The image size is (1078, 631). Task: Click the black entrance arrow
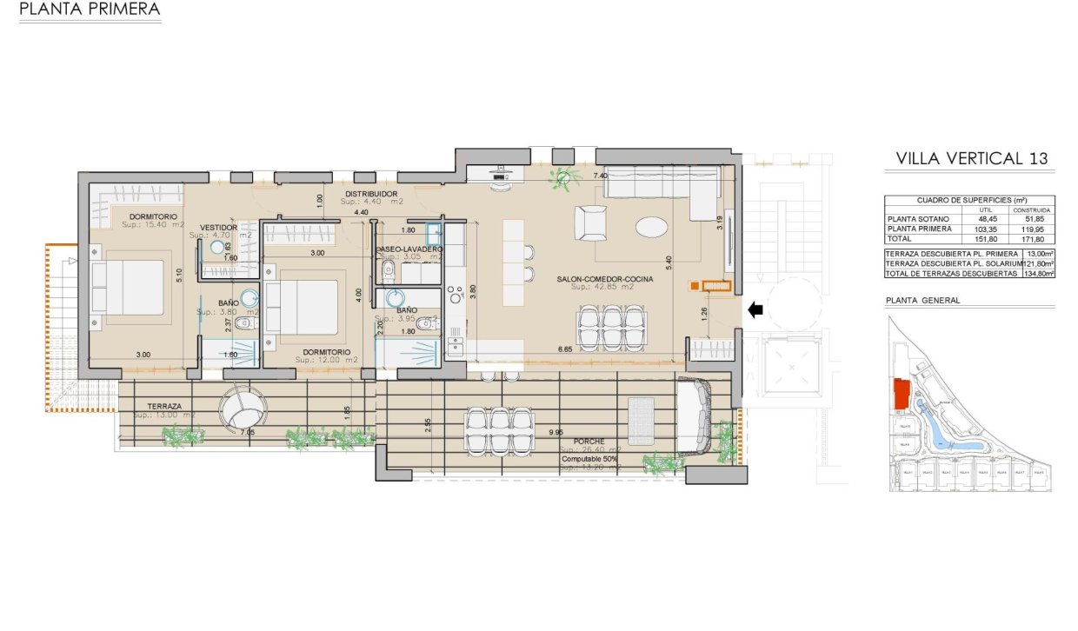756,309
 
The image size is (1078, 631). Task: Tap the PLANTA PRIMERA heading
90,10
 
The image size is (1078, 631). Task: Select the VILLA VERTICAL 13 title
972,158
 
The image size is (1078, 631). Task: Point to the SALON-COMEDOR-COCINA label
604,280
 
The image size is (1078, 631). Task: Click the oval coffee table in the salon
652,227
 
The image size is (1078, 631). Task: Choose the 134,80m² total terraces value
1038,273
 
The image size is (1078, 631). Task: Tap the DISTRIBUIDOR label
371,194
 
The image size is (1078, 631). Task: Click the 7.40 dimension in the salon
600,176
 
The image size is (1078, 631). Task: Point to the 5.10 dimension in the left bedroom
179,271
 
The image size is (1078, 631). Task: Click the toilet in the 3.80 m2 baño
245,324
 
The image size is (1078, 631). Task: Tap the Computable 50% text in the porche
591,458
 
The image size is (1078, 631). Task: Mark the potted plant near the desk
563,178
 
